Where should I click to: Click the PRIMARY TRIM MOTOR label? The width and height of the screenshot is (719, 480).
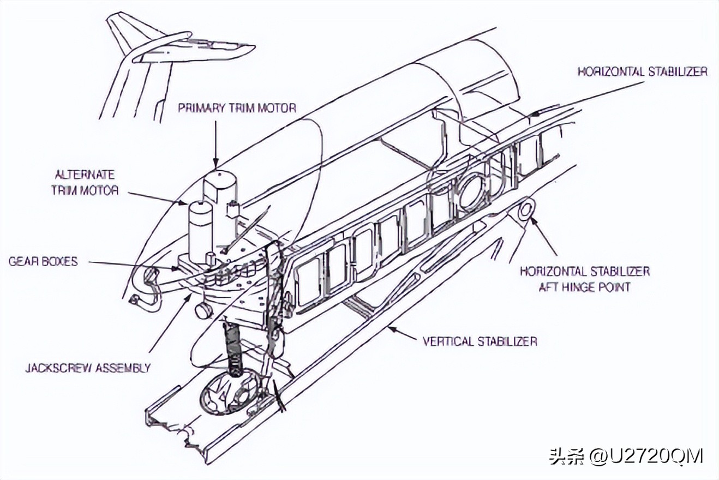237,108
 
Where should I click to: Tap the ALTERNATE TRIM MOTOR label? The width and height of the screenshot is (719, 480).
85,182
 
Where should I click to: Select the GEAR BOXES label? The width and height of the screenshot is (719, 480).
43,261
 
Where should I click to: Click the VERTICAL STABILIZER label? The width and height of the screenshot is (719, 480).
480,341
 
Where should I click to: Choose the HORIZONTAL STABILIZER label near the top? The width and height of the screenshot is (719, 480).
643,71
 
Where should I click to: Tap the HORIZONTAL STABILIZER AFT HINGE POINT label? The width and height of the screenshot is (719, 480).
584,278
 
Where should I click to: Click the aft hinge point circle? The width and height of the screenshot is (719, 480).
527,208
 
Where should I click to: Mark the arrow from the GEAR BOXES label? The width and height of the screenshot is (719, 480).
131,264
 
